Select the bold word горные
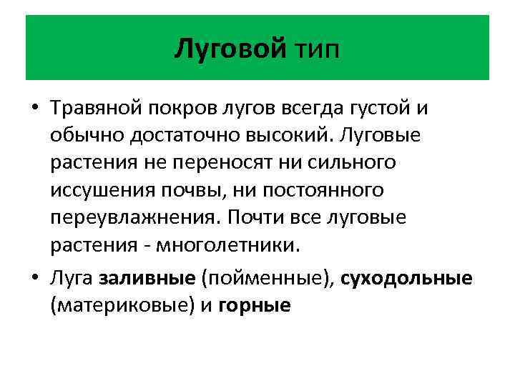click(254, 305)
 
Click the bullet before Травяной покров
click(34, 109)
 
